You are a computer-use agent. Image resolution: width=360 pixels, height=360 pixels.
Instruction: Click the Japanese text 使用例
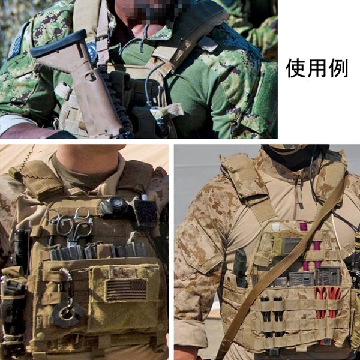[317, 68]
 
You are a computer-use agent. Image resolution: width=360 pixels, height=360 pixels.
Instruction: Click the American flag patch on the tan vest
[126, 289]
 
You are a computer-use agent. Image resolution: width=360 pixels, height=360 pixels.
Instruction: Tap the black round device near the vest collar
[114, 206]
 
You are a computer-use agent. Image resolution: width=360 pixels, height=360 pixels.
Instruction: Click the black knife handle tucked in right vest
[239, 265]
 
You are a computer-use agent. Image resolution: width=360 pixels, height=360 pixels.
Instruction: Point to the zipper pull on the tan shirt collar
[298, 180]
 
